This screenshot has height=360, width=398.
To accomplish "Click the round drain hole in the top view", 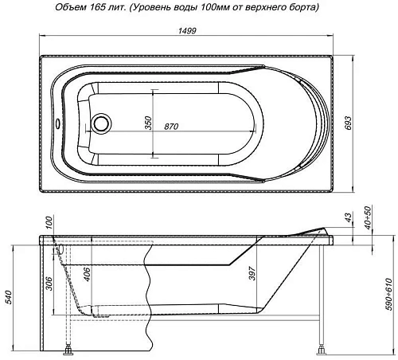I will pos(102,124).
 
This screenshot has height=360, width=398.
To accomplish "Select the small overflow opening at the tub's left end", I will pos(55,124).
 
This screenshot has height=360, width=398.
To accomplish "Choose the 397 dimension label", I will pos(252,273).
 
